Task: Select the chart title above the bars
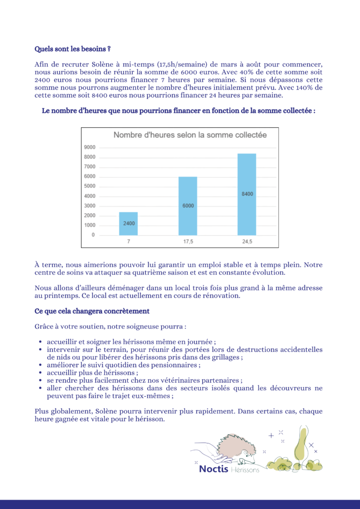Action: pos(190,135)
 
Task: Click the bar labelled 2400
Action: pos(129,223)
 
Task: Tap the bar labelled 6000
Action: pos(188,205)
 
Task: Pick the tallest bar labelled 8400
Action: pos(247,194)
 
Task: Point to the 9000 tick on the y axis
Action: pos(90,148)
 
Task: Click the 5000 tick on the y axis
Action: pos(90,186)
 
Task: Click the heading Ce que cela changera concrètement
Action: pos(92,311)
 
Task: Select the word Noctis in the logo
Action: pos(214,469)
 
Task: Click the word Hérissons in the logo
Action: pos(245,470)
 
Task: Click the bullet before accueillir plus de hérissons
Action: pos(40,373)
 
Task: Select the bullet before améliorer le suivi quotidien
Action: pos(40,365)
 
